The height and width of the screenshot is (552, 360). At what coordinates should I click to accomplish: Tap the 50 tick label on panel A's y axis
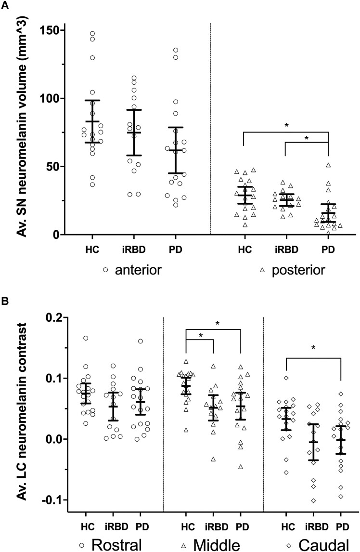[x=51, y=167]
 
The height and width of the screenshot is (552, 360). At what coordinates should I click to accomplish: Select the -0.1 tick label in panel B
[x=51, y=500]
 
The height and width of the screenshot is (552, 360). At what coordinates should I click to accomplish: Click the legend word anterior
[x=138, y=270]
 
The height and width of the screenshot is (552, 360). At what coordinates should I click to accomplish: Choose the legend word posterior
[x=298, y=270]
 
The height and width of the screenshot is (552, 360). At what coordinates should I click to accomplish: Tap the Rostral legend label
[x=116, y=544]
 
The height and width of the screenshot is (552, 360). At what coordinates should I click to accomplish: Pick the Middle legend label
[x=217, y=544]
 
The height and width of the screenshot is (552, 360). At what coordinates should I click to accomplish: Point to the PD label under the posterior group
[x=328, y=250]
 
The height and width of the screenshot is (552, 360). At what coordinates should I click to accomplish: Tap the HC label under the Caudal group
[x=288, y=527]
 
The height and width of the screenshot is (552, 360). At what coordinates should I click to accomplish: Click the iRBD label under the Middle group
[x=217, y=527]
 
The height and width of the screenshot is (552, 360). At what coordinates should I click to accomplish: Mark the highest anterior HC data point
[x=92, y=34]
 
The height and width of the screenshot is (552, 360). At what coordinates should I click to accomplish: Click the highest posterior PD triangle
[x=328, y=165]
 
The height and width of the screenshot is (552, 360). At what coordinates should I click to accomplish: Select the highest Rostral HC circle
[x=86, y=338]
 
